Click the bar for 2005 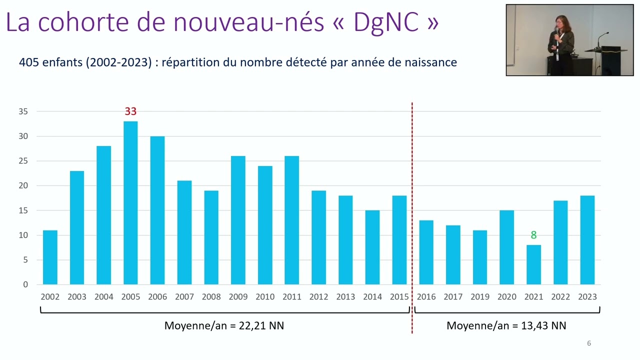tap(130, 202)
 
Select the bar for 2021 tap(533, 264)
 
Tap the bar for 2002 tap(50, 257)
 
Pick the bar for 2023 tap(587, 240)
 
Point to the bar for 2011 tap(292, 220)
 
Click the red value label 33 tap(130, 111)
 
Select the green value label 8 tap(533, 235)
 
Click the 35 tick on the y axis tap(23, 111)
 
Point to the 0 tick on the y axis tap(25, 284)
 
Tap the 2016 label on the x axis tap(426, 297)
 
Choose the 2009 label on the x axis tap(238, 297)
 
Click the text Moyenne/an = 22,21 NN tap(224, 326)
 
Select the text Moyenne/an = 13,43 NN tap(506, 326)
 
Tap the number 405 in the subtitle tap(28, 62)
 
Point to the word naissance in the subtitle tap(432, 62)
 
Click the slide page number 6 tap(588, 343)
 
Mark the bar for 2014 tap(372, 247)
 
